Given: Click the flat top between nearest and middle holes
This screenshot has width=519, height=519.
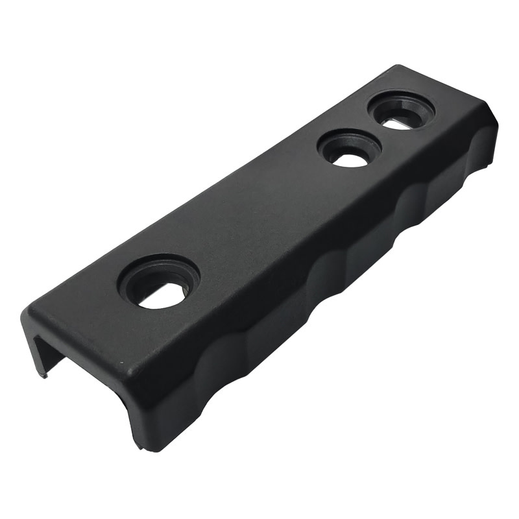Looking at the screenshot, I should tap(247, 221).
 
